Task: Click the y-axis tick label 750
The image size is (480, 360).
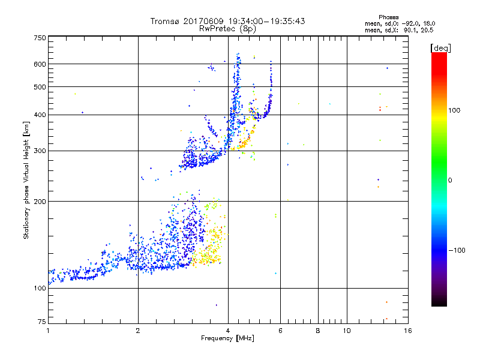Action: [x=40, y=37]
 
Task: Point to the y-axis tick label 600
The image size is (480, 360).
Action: [x=40, y=64]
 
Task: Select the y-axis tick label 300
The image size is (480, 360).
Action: [x=40, y=151]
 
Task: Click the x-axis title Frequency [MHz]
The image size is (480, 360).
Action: [x=228, y=339]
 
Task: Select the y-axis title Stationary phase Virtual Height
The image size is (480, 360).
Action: [x=26, y=180]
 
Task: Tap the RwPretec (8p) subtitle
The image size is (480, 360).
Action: [x=228, y=28]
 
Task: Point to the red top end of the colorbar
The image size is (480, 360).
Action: [x=439, y=55]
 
